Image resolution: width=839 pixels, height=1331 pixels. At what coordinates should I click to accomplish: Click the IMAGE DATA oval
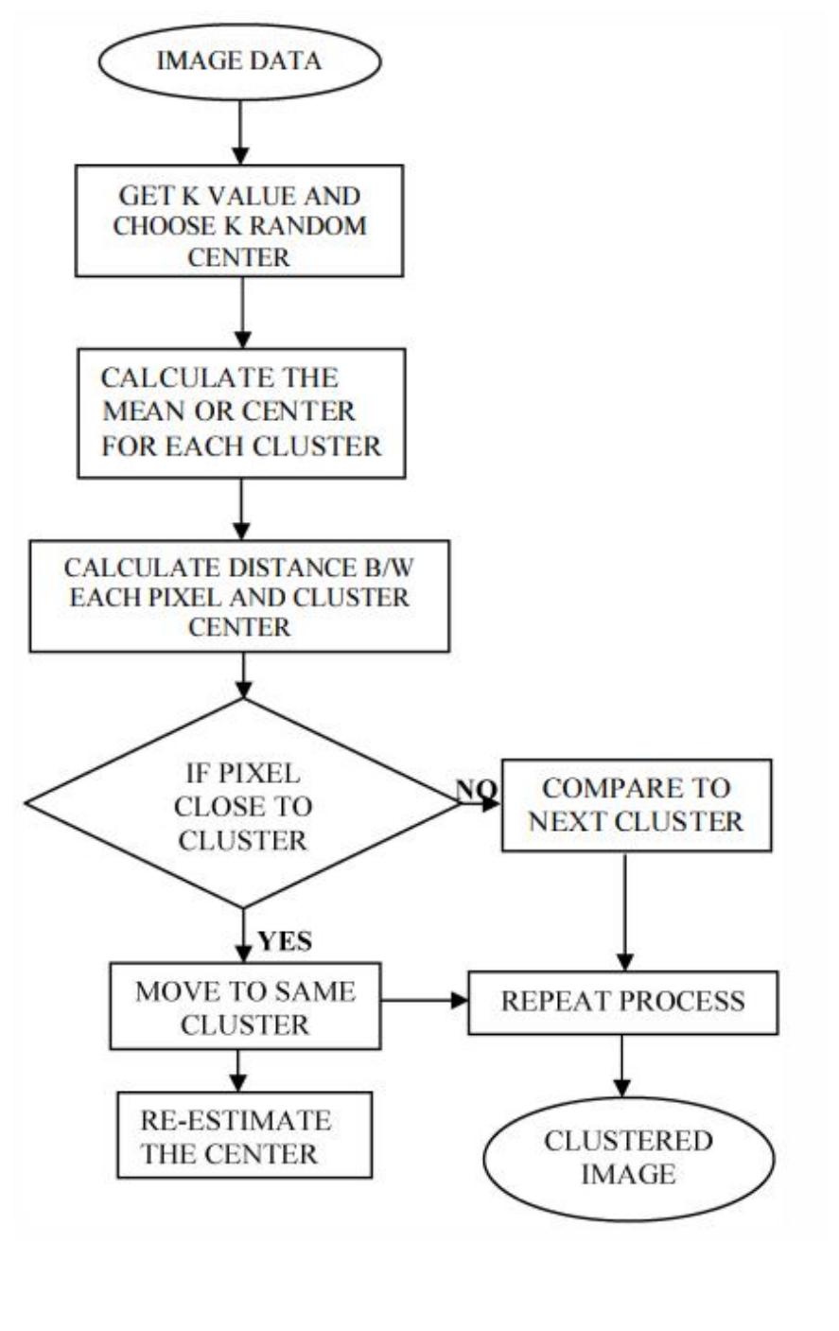[x=239, y=61]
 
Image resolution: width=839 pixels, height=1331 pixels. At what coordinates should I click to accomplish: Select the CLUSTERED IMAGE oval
[x=628, y=1158]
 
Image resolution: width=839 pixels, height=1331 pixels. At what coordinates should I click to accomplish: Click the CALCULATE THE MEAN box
[x=241, y=412]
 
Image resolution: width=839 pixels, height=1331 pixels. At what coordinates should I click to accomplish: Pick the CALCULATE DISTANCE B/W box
[x=239, y=596]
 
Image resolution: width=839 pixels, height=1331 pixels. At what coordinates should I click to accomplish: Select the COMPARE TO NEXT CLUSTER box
[x=636, y=805]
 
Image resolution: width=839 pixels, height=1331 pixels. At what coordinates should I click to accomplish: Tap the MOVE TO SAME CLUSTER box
[x=245, y=1007]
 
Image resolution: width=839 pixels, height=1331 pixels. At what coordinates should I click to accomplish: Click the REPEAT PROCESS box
[x=622, y=1002]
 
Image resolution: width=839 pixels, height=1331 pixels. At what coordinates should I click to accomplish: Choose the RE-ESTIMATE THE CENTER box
[x=244, y=1135]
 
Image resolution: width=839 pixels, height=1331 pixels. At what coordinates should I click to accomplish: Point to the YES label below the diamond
[x=285, y=941]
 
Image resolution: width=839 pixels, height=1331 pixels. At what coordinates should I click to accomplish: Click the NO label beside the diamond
[x=475, y=789]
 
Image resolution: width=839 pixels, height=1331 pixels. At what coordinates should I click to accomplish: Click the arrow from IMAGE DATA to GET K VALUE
[x=240, y=131]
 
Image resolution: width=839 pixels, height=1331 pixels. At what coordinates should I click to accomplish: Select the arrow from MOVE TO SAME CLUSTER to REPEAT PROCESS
[x=424, y=999]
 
